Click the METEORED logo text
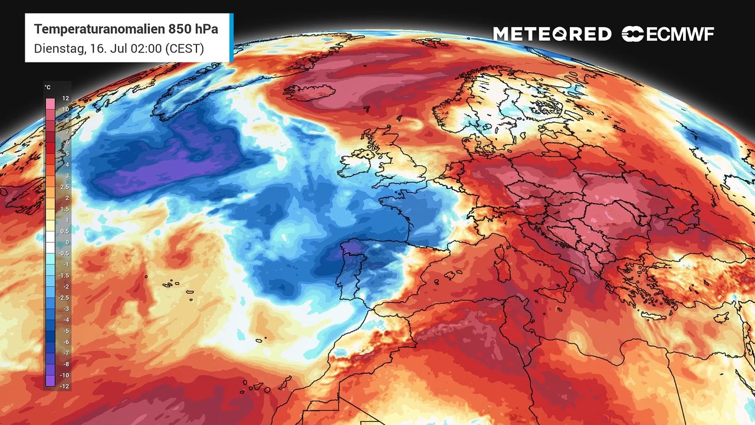click(552, 34)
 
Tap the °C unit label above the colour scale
click(48, 87)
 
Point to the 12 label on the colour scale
click(65, 99)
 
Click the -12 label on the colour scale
click(65, 386)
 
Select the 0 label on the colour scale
click(67, 242)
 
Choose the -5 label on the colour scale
click(66, 331)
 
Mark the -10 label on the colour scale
click(65, 375)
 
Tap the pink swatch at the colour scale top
click(50, 102)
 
